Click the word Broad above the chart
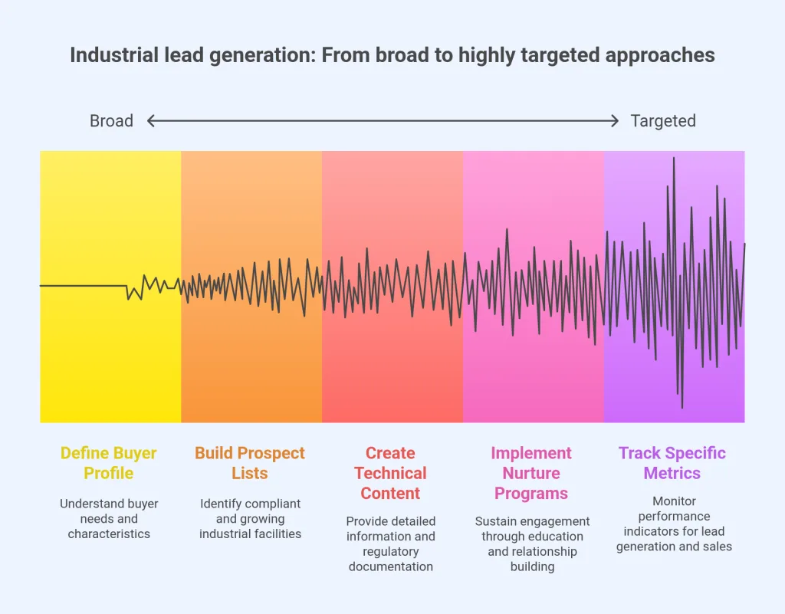click(x=111, y=121)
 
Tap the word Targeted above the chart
click(x=663, y=121)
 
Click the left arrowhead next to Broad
click(x=151, y=121)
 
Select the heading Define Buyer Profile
click(x=109, y=463)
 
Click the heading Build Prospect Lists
click(x=250, y=463)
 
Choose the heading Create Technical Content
click(x=391, y=473)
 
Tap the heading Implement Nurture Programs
click(x=531, y=473)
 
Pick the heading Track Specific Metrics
click(x=672, y=463)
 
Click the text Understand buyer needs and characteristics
click(x=109, y=519)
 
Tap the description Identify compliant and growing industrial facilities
click(x=250, y=519)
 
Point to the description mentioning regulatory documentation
click(x=391, y=543)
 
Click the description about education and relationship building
click(x=532, y=543)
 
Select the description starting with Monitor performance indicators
click(x=674, y=524)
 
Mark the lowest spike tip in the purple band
click(x=682, y=407)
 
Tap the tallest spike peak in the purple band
click(x=674, y=158)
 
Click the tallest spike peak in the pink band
click(x=507, y=229)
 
